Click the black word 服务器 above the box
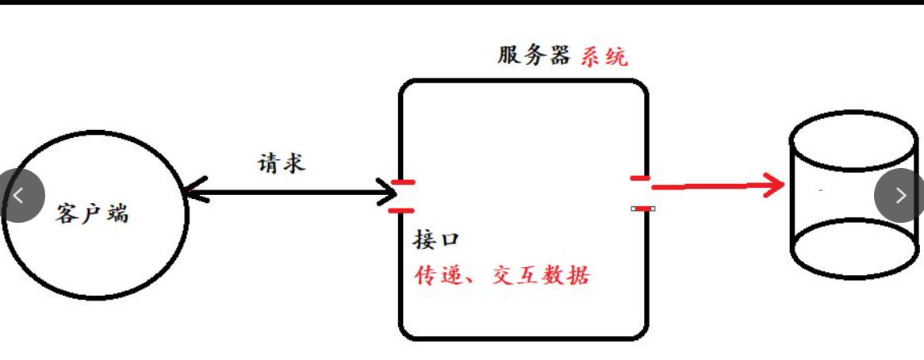(534, 56)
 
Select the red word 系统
(604, 56)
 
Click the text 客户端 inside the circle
(92, 213)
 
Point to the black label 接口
(436, 239)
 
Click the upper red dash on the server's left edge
(403, 182)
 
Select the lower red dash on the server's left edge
(402, 210)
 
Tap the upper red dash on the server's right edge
(641, 178)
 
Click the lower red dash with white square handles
(643, 208)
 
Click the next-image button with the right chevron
(900, 195)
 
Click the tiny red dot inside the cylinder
(820, 191)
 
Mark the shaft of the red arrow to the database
(710, 187)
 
